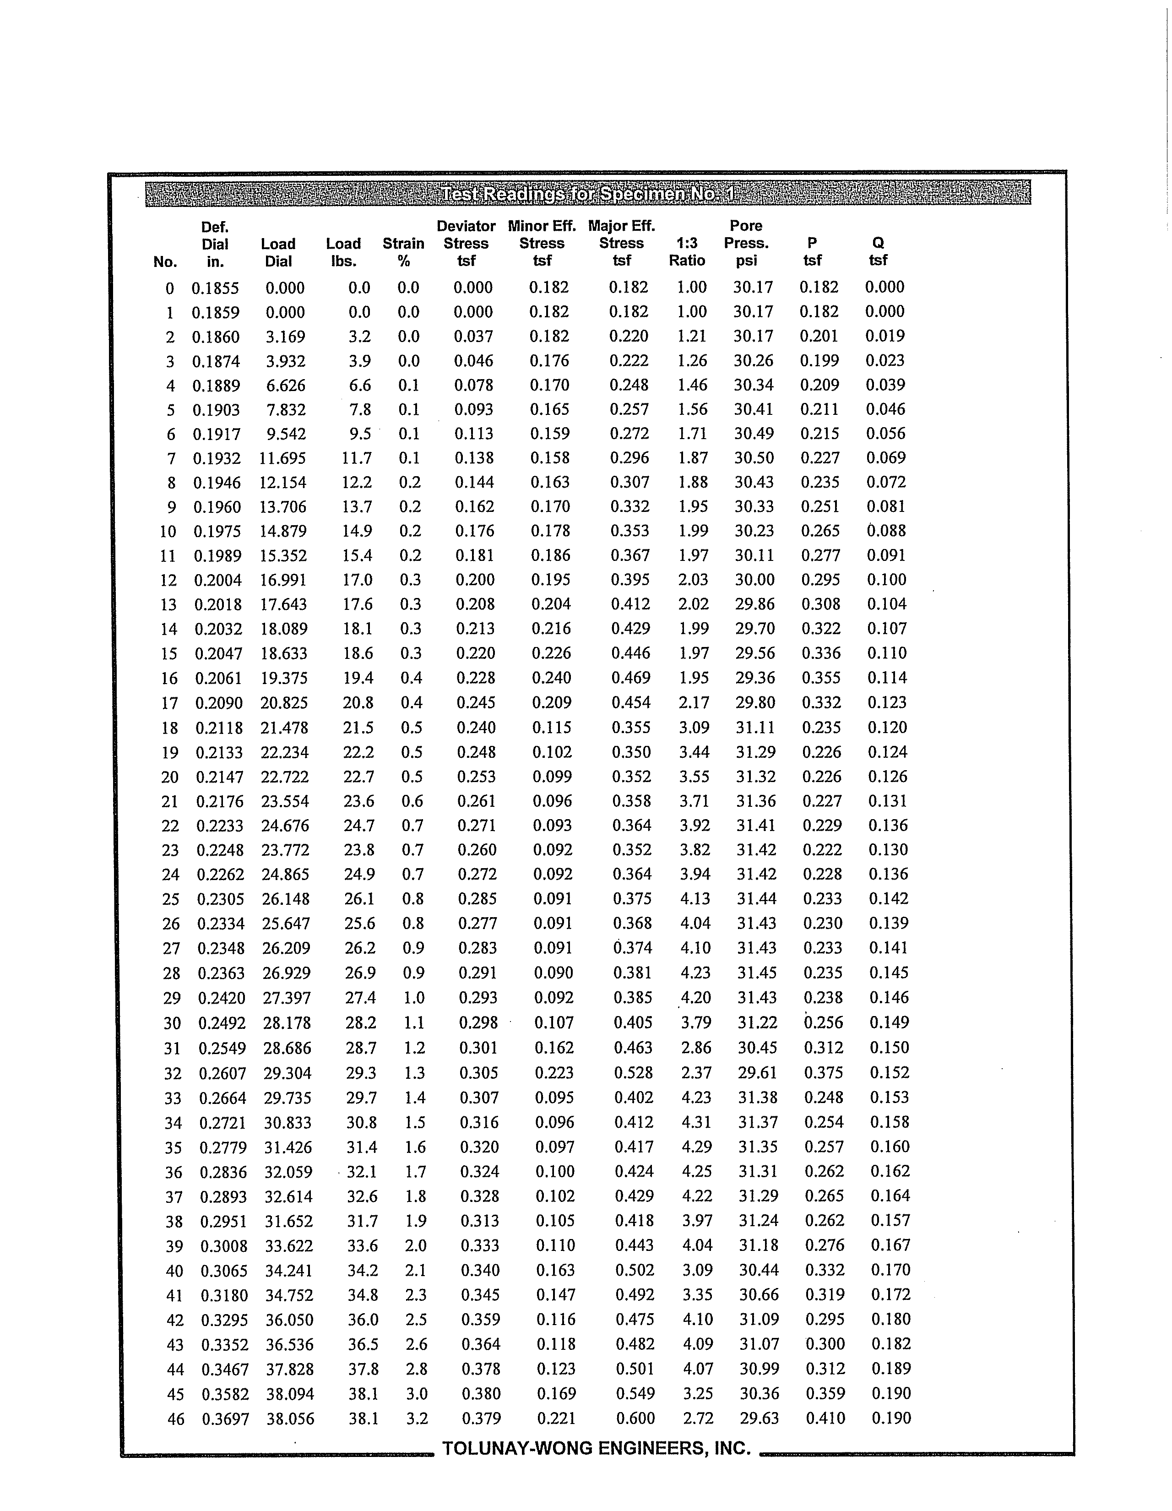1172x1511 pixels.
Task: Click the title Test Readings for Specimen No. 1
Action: click(x=587, y=193)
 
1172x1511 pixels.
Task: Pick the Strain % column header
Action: click(x=403, y=252)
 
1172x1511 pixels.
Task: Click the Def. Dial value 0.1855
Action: click(x=215, y=288)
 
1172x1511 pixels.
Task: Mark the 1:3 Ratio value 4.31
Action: click(x=697, y=1122)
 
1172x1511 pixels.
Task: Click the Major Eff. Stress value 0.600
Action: click(x=635, y=1419)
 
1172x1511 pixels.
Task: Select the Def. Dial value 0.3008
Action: click(x=223, y=1246)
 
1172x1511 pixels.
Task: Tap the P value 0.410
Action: click(x=825, y=1419)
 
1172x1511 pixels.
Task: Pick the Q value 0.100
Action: click(x=886, y=580)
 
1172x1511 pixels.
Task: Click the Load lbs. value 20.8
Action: click(x=358, y=703)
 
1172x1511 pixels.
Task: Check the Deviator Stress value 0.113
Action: click(x=474, y=434)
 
